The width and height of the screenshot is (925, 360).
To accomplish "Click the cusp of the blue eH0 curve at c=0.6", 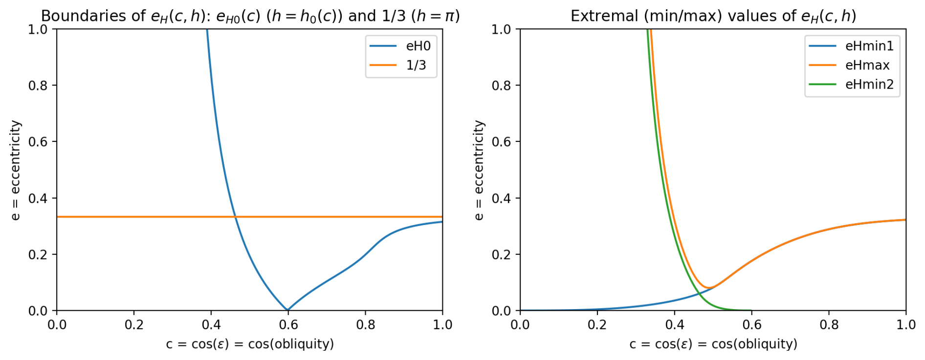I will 288,310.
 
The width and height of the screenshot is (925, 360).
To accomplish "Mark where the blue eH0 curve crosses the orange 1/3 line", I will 235,217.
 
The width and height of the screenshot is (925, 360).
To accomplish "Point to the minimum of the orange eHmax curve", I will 709,288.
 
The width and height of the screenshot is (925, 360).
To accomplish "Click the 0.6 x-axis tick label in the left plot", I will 288,325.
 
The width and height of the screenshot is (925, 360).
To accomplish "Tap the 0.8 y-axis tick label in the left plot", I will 38,86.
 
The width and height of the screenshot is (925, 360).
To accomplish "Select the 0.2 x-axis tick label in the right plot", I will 597,325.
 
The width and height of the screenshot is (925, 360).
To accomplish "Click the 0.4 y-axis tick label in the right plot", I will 501,199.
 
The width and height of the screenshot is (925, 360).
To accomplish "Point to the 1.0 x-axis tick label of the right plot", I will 905,325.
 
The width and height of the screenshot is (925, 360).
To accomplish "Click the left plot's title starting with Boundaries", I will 250,16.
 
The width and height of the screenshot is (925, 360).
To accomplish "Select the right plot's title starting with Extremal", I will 713,16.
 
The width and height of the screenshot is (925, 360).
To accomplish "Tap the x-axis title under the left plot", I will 250,344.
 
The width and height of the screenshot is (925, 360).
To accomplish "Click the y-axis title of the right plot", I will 479,170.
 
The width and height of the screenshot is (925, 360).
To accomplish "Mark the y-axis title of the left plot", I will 16,170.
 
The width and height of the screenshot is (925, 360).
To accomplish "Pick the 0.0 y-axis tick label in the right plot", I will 501,311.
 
